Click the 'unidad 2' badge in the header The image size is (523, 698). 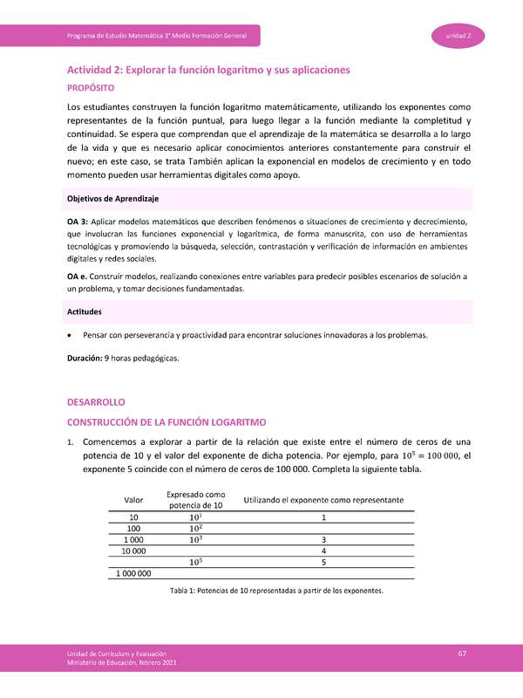(458, 35)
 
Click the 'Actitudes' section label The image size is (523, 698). (85, 311)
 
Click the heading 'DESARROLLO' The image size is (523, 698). (97, 402)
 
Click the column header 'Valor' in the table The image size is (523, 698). (134, 500)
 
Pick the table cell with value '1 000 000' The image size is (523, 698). (134, 573)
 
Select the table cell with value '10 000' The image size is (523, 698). (134, 551)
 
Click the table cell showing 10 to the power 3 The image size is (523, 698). (195, 539)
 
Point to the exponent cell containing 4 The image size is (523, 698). (323, 551)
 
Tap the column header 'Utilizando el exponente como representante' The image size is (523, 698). (323, 500)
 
